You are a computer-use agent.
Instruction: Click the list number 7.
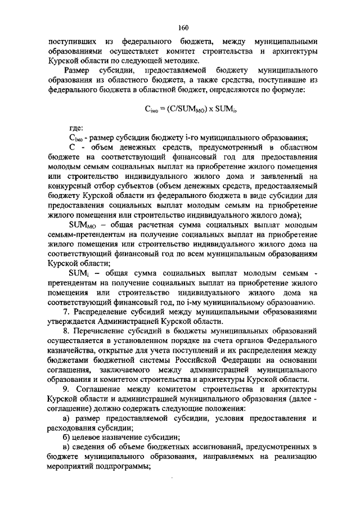66,312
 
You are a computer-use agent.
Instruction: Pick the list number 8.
66,332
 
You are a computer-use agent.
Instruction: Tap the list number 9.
66,390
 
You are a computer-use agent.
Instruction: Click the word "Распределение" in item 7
102,312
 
